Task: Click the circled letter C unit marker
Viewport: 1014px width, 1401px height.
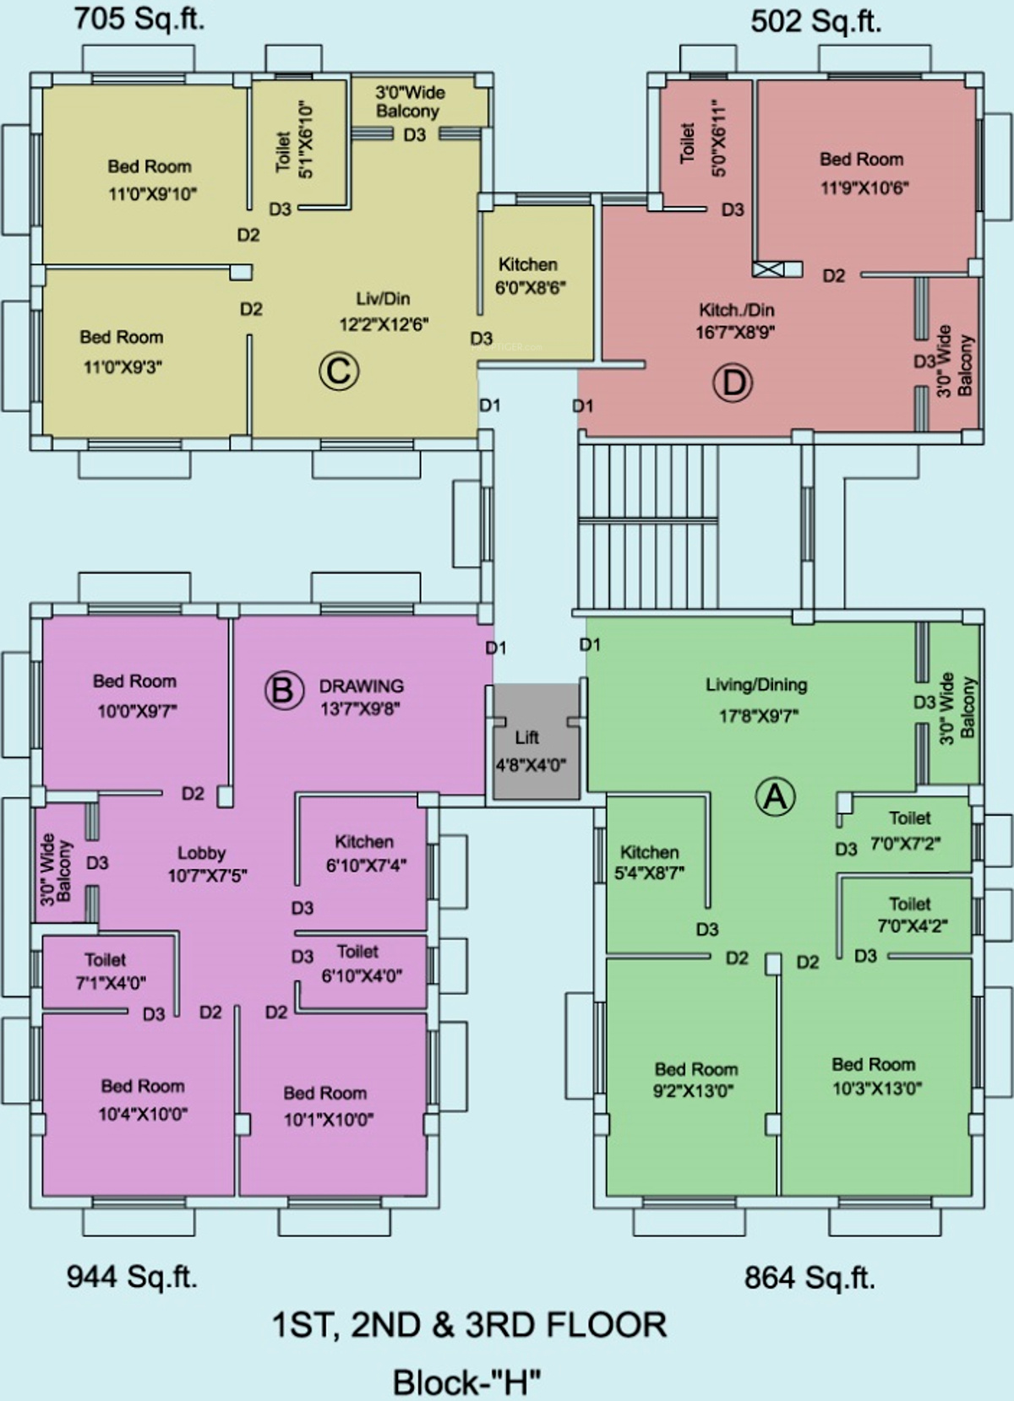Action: click(339, 372)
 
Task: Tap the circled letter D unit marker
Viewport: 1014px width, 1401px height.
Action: click(733, 383)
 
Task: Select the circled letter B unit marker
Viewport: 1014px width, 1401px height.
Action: click(284, 691)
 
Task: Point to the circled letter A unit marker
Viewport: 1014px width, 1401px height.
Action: click(776, 797)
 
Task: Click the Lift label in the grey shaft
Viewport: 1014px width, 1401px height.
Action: click(527, 737)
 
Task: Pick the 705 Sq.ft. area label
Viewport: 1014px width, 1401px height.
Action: click(139, 19)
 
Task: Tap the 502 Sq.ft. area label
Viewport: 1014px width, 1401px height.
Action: click(815, 23)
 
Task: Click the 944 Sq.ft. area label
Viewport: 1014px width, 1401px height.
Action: click(132, 1276)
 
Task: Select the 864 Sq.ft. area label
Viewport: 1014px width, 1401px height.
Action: click(810, 1277)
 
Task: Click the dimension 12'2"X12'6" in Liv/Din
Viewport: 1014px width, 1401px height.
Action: click(384, 324)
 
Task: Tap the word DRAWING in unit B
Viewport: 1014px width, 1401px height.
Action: click(362, 686)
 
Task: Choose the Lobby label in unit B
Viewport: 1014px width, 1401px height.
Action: click(202, 853)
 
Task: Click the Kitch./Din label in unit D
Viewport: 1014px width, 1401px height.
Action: click(737, 310)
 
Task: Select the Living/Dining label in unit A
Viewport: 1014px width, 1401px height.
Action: click(757, 685)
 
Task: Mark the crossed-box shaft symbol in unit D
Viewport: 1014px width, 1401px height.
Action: click(768, 269)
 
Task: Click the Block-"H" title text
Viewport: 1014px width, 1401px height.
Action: click(467, 1383)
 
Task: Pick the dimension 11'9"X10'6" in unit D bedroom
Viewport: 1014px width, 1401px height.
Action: click(864, 187)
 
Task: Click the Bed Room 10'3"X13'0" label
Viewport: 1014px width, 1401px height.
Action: click(876, 1076)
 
